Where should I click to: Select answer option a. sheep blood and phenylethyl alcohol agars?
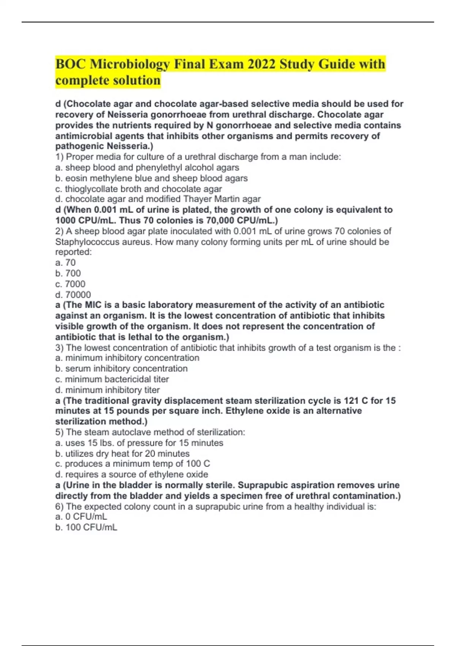coord(147,168)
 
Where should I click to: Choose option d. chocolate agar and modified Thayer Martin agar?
coord(158,199)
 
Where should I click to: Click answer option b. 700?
coord(68,273)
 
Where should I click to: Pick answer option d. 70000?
coord(73,294)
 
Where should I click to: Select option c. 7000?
coord(70,284)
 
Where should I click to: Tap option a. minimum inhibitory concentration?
coord(127,358)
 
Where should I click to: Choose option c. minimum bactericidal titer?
coord(112,379)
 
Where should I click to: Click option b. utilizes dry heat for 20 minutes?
coord(122,454)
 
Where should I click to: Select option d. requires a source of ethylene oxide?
coord(131,475)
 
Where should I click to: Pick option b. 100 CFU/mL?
coord(86,527)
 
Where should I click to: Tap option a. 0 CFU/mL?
coord(81,517)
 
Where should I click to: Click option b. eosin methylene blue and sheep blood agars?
coord(151,178)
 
